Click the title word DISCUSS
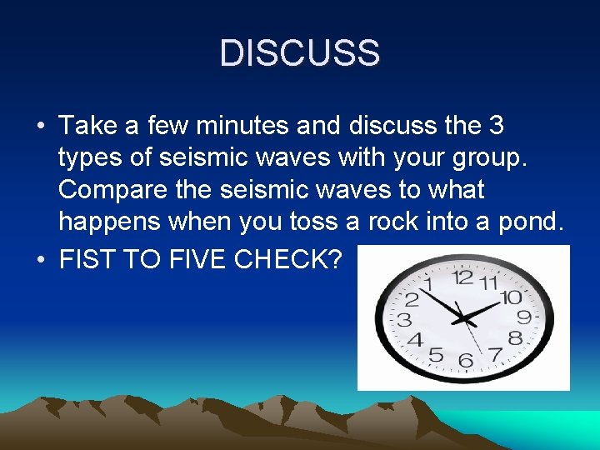[300, 53]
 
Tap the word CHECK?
[288, 259]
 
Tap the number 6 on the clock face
[466, 361]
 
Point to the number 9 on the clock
[524, 317]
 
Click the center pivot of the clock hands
[464, 317]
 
